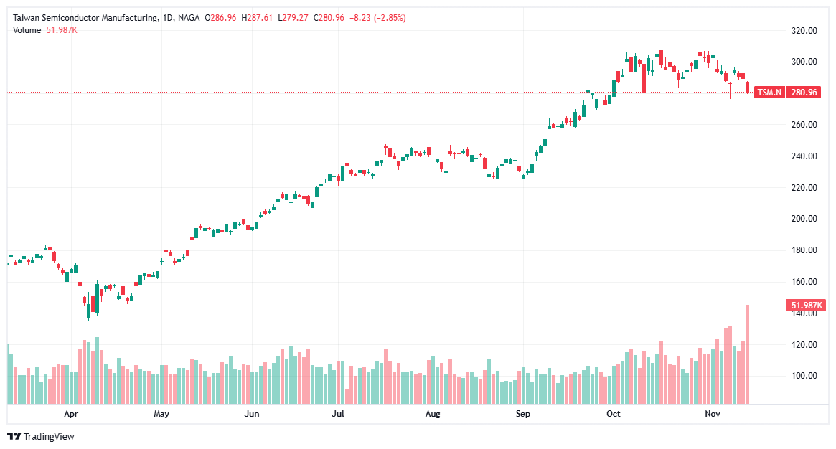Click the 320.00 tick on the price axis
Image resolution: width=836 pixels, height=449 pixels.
tap(804, 31)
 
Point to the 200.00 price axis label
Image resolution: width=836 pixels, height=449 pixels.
tap(804, 219)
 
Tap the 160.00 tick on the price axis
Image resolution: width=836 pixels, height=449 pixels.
tap(804, 282)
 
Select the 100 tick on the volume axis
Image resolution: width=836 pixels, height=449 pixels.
tap(804, 376)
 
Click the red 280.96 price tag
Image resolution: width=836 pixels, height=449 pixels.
tap(804, 93)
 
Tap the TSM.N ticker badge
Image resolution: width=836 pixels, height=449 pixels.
tap(770, 93)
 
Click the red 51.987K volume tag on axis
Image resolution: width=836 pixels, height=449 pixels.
tap(807, 306)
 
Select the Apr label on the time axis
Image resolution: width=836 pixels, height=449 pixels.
tap(70, 414)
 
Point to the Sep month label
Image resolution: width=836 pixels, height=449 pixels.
tap(522, 414)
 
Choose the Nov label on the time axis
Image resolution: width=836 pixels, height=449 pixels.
tap(712, 414)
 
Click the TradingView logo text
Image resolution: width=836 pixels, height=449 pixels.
tap(48, 436)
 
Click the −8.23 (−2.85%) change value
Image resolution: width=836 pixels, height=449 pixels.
tap(375, 18)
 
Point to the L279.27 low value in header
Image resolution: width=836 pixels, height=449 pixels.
tap(293, 18)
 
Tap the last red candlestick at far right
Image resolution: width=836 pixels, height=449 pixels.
tap(748, 88)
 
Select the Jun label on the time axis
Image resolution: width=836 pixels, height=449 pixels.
tap(251, 414)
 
